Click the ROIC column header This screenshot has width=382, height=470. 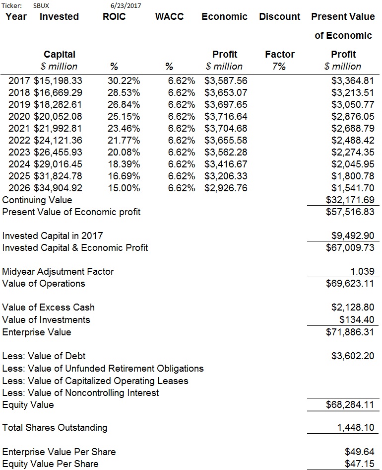(114, 17)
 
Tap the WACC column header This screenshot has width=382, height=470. (169, 17)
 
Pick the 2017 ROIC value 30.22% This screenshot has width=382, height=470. (124, 80)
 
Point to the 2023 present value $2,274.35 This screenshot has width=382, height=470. (353, 152)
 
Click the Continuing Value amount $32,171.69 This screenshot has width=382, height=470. (350, 200)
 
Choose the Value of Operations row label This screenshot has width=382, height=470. (44, 284)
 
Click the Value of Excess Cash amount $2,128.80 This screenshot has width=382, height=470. (353, 308)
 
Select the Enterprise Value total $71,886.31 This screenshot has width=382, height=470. (350, 332)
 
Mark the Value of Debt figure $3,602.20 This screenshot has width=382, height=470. (353, 356)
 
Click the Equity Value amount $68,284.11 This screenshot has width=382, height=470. (350, 405)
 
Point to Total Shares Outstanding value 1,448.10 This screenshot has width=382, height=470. (356, 427)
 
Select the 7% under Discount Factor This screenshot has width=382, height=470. (279, 67)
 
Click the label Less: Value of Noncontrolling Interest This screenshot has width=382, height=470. (81, 393)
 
